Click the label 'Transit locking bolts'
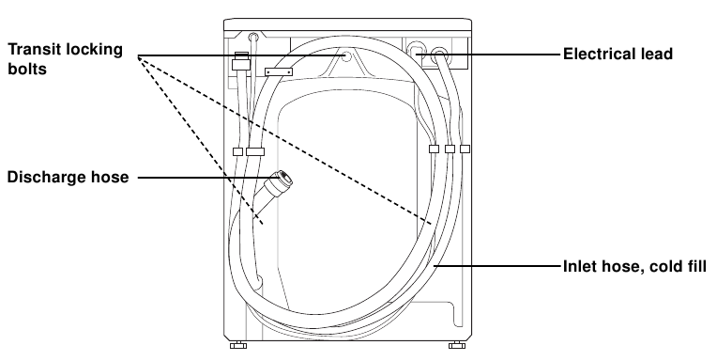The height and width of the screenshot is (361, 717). pos(66,59)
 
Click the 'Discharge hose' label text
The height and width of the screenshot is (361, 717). pos(69,177)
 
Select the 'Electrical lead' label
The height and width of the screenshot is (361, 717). pos(618,55)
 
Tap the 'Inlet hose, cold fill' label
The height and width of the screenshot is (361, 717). pos(634,266)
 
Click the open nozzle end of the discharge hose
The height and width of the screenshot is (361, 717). pos(286,178)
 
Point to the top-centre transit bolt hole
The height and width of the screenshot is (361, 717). pos(346,56)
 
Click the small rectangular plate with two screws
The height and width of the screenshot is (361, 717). pos(279,72)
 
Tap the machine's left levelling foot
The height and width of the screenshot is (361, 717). pos(237,345)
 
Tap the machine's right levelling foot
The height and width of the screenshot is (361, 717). pos(456,345)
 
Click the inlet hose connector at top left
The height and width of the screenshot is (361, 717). pos(240,61)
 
